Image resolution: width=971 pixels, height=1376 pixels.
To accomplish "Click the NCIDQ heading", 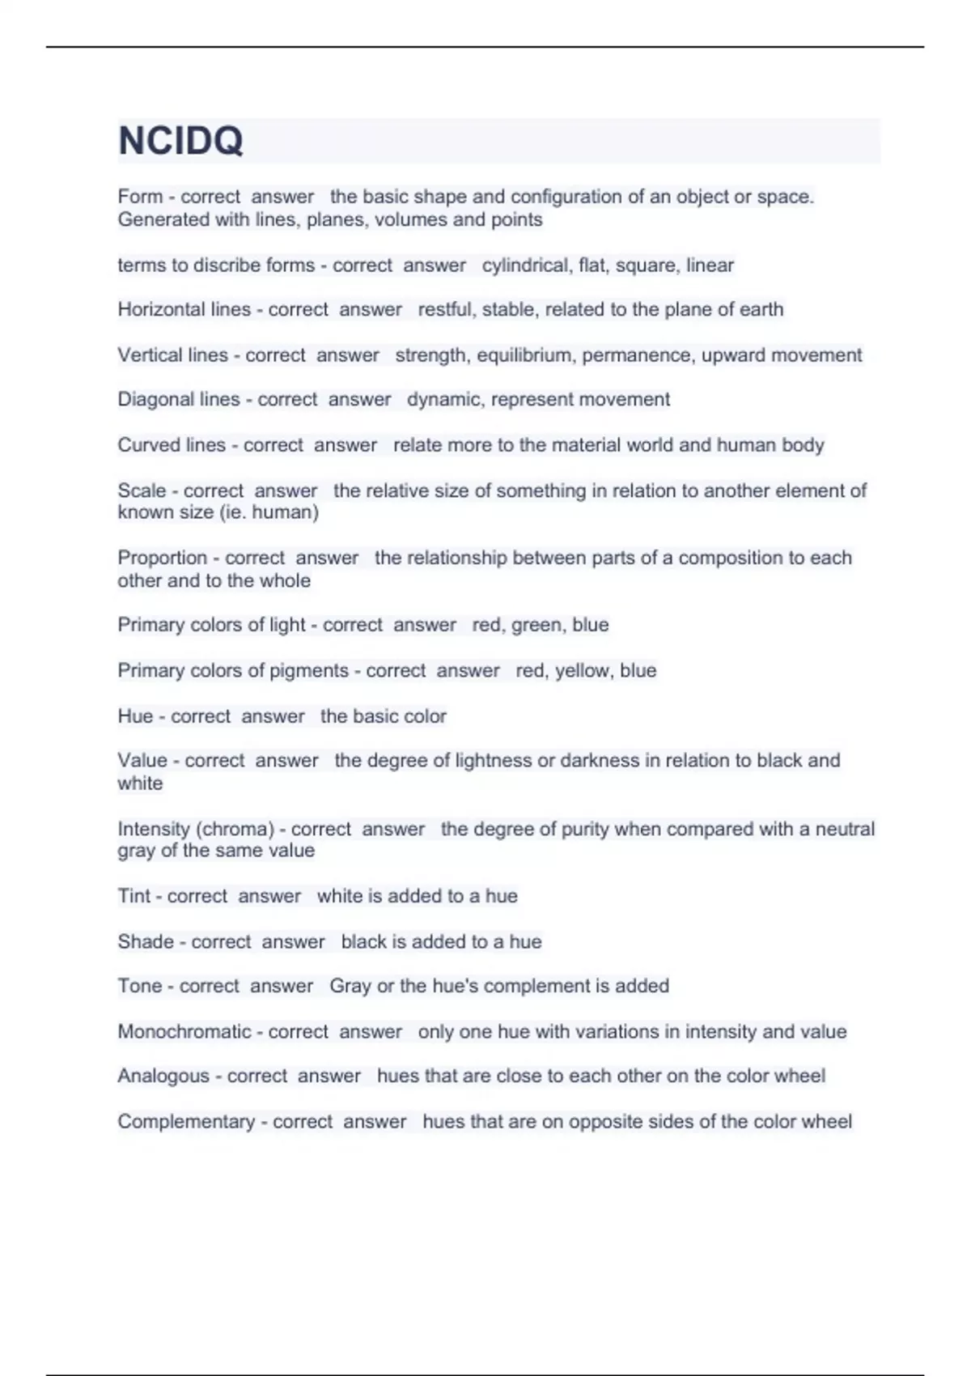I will tap(180, 141).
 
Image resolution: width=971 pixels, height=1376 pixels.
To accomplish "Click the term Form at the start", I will tap(140, 197).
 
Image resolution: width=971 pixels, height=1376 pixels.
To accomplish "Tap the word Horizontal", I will tap(161, 309).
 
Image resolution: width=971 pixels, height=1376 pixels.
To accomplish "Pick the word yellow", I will tap(582, 671).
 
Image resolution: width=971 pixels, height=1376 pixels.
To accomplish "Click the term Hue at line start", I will tap(135, 716).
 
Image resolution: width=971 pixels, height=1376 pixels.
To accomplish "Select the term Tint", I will tap(134, 896).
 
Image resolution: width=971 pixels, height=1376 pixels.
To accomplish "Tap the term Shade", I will tap(146, 941).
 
